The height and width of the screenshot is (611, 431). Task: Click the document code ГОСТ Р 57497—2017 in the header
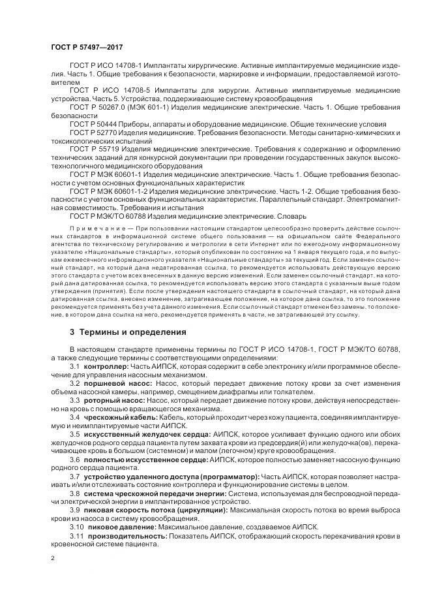(86, 48)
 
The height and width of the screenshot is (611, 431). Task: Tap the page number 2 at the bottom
(53, 558)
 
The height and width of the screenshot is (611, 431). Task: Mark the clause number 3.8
(75, 493)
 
